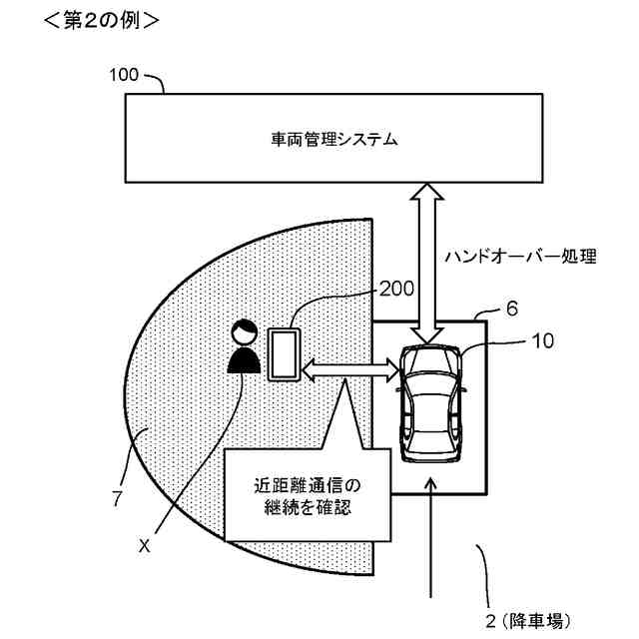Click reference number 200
(x=395, y=289)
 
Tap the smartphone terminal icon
(x=283, y=354)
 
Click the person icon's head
(x=242, y=331)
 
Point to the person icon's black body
(x=242, y=358)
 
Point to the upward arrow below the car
(x=431, y=539)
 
